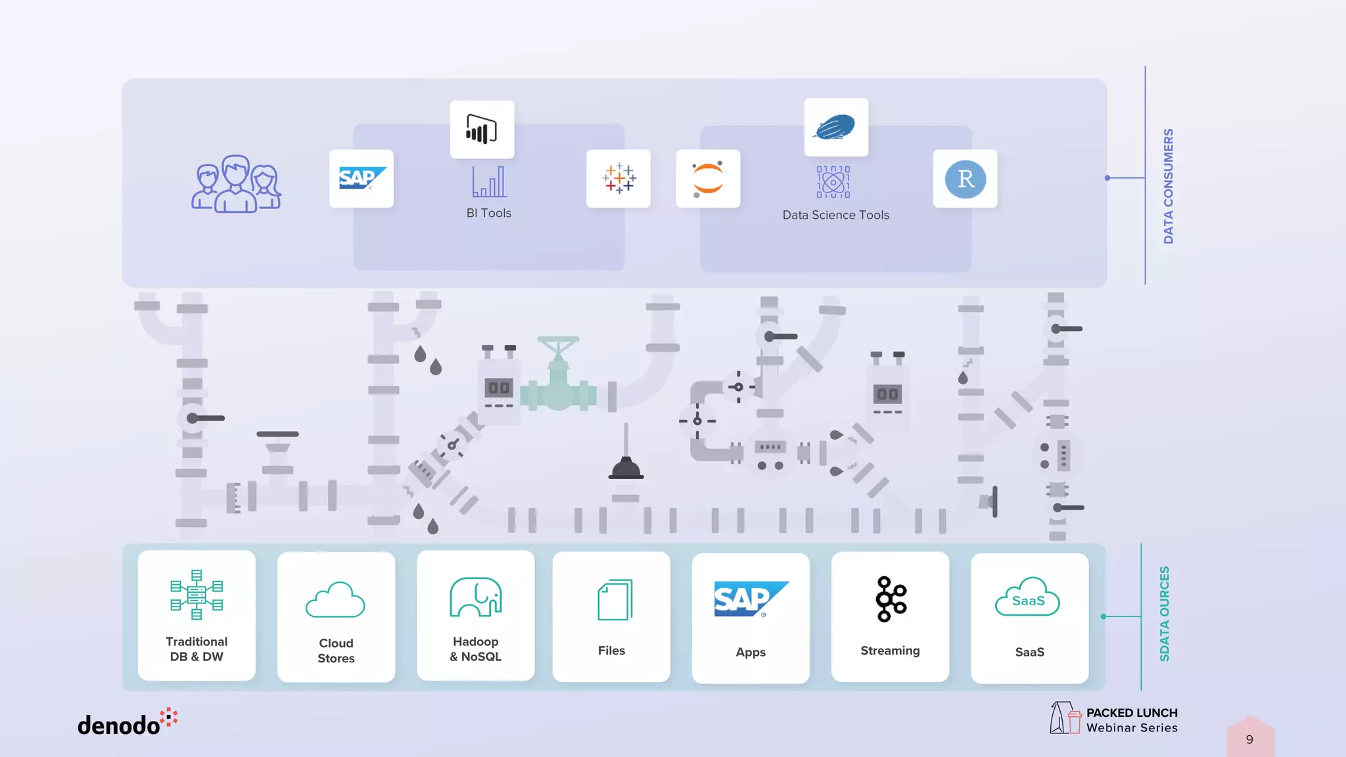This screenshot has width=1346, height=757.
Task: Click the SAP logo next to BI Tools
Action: pyautogui.click(x=361, y=178)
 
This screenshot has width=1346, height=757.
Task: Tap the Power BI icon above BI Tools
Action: pyautogui.click(x=482, y=129)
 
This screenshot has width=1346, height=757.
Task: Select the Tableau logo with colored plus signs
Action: pyautogui.click(x=618, y=178)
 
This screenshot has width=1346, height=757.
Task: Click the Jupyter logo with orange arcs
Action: pyautogui.click(x=708, y=178)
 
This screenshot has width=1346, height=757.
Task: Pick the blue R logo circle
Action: pyautogui.click(x=965, y=179)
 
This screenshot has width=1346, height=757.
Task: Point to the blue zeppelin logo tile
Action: pyautogui.click(x=836, y=127)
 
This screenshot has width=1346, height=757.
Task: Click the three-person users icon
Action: pyautogui.click(x=237, y=184)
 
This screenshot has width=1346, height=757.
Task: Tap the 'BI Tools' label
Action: pyautogui.click(x=488, y=213)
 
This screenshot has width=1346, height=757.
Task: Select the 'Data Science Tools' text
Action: pyautogui.click(x=835, y=215)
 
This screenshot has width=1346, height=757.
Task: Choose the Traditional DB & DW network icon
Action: pyautogui.click(x=197, y=595)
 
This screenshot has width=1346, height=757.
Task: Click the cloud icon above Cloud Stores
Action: pyautogui.click(x=335, y=599)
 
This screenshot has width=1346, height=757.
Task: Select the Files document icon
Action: pyautogui.click(x=615, y=599)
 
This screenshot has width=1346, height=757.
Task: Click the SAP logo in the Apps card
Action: pyautogui.click(x=751, y=599)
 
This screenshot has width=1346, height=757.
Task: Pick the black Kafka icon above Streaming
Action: pyautogui.click(x=891, y=599)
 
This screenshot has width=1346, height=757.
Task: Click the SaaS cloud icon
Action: pyautogui.click(x=1028, y=597)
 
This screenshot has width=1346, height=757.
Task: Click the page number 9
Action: pyautogui.click(x=1249, y=739)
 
